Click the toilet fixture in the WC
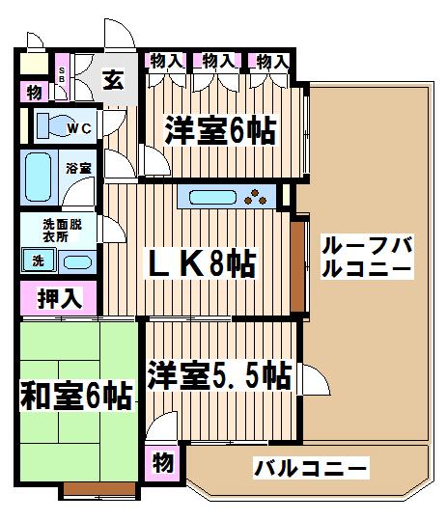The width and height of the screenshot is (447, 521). tap(51, 125)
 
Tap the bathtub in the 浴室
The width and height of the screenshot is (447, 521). tap(39, 178)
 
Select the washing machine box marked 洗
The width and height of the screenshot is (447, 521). tap(38, 260)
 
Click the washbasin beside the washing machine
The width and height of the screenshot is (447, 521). tap(77, 262)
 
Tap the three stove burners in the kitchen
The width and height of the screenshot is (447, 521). tap(256, 197)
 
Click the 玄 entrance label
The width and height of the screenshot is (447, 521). tap(113, 80)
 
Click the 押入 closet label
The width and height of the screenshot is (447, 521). tap(60, 298)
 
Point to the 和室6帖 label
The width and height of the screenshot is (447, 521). tap(76, 397)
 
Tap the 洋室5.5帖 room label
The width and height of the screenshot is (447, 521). tap(220, 375)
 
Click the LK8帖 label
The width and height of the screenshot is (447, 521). tap(202, 263)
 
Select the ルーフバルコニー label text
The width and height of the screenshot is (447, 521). tap(367, 257)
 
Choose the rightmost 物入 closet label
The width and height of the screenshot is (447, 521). tap(272, 62)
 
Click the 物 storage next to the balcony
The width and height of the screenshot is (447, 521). tap(163, 462)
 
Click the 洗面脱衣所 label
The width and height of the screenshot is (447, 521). tap(62, 231)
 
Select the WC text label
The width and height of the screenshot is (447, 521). tap(80, 128)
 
